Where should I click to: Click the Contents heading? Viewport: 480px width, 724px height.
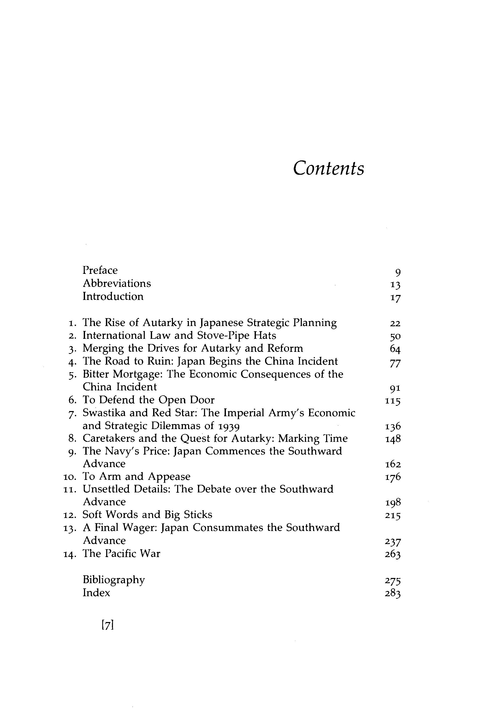tap(328, 168)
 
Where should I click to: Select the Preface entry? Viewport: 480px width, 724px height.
tap(100, 270)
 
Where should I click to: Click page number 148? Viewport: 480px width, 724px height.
tap(393, 439)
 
